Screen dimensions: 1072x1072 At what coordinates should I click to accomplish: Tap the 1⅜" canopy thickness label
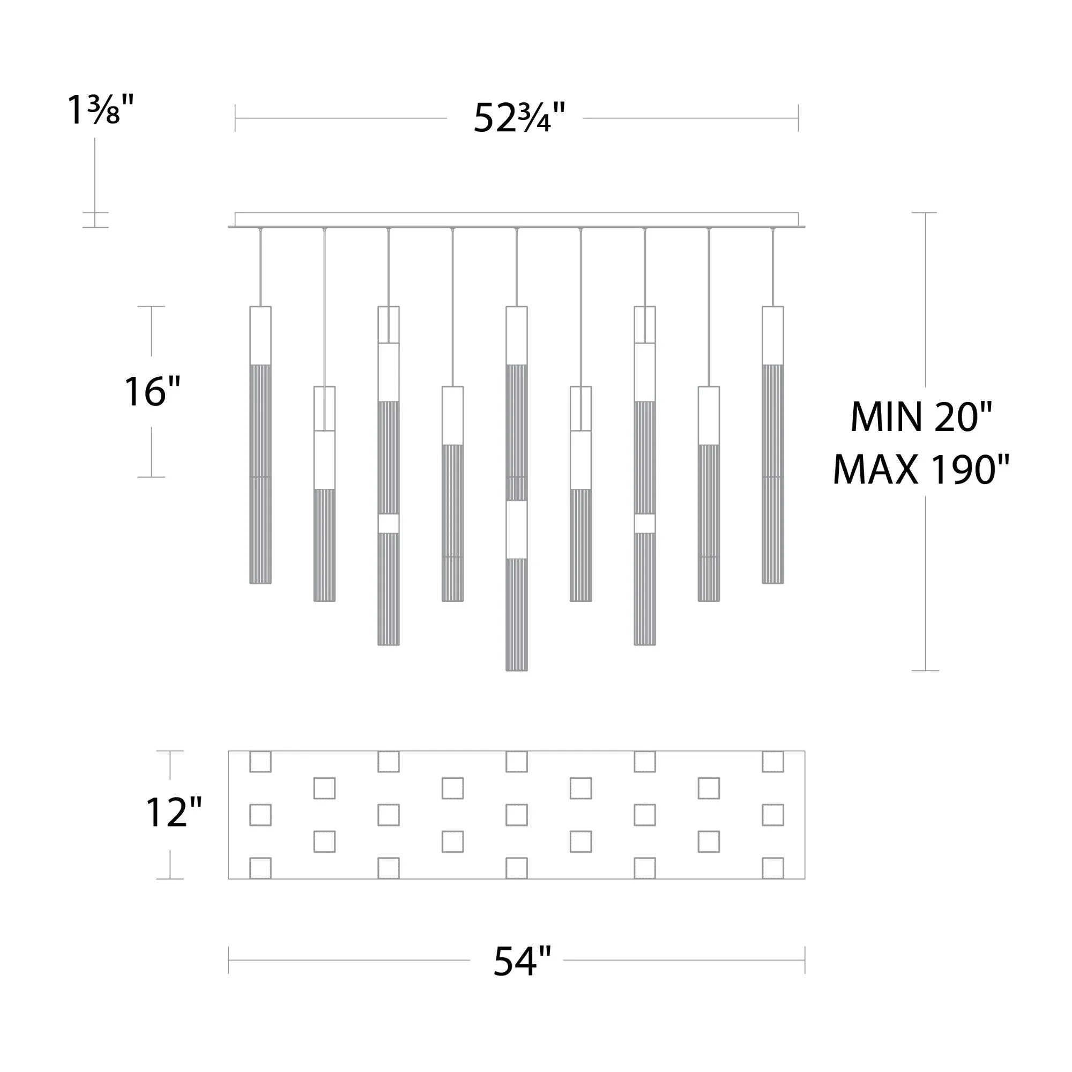point(100,109)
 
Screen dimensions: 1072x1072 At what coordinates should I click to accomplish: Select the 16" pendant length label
point(152,392)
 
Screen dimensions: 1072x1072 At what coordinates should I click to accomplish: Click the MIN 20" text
point(920,416)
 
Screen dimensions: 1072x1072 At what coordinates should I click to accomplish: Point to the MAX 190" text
point(920,470)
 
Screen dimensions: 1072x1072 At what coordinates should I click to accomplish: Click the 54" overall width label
point(522,961)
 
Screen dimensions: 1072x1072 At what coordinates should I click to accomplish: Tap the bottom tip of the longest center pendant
point(517,671)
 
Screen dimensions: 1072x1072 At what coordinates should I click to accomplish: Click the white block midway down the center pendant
point(517,530)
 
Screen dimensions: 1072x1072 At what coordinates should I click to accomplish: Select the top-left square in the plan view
point(260,762)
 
